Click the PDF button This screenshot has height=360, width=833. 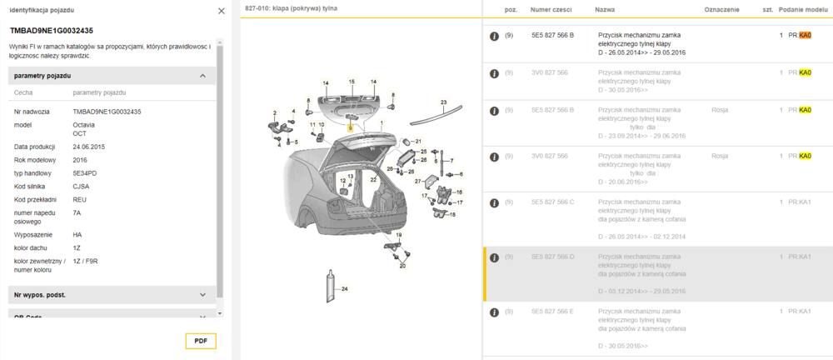point(201,340)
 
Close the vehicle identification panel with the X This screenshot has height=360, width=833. point(221,11)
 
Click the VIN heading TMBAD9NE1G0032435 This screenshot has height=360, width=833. point(51,31)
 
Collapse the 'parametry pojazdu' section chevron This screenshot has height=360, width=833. point(202,76)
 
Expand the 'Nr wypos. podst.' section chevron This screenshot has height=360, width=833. point(202,294)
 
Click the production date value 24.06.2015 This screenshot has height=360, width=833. point(88,147)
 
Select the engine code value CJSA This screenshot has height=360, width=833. point(81,186)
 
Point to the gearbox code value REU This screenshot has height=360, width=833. point(80,199)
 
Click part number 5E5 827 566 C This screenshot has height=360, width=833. point(552,202)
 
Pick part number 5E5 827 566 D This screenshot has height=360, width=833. point(552,257)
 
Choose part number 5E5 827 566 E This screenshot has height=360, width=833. point(552,311)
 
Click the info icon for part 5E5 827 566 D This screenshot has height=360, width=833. point(494,257)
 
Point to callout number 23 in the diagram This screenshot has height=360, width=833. point(444,102)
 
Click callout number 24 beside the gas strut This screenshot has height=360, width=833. point(345,289)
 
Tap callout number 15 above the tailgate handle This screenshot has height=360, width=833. point(352,81)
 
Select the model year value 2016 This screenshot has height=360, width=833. point(80,160)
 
